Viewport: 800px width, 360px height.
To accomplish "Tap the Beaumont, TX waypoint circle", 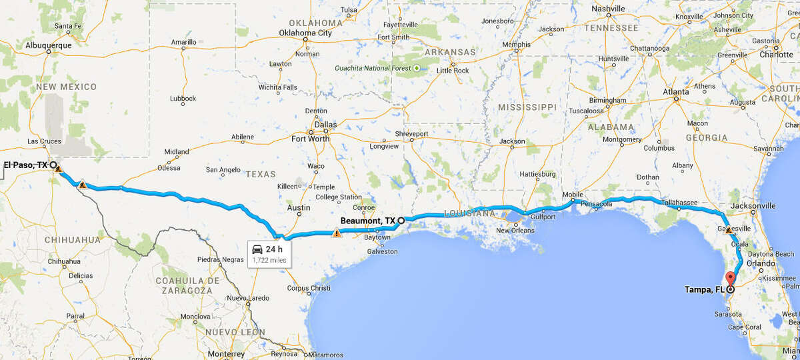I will pos(401,219).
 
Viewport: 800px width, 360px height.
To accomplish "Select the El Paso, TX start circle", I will pos(53,164).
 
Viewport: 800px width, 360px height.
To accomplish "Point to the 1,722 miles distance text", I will pos(270,259).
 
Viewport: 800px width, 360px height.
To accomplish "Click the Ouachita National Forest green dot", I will pos(417,68).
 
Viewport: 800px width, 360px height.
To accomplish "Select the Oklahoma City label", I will pos(305,33).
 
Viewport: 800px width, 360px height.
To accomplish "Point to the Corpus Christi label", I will pos(309,288).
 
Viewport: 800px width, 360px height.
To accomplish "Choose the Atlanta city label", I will pos(676,92).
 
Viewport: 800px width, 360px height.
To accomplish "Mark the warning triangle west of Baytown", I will pos(337,233).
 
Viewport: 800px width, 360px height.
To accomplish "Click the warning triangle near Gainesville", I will pos(729,229).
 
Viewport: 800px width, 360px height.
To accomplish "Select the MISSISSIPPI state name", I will pos(526,107).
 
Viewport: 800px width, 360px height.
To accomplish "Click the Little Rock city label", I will pos(453,71).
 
